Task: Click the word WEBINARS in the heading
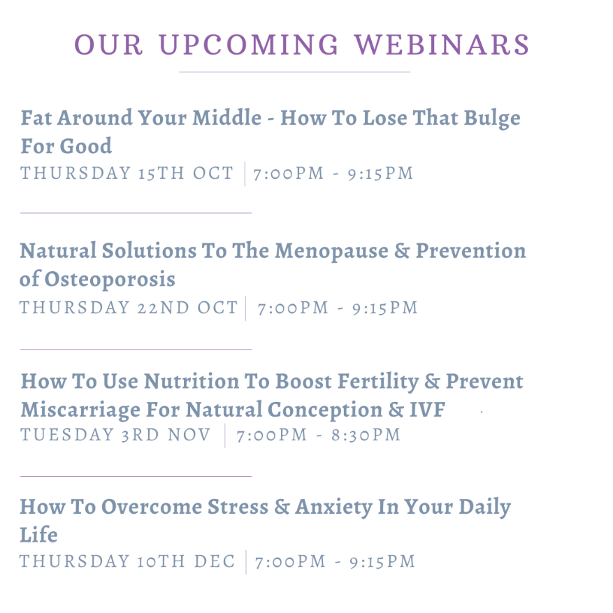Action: point(442,44)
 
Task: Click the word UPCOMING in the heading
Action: point(249,44)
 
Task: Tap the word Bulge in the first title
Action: point(492,119)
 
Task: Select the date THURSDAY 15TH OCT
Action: point(127,173)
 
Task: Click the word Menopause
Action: point(331,252)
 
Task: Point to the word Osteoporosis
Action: point(110,279)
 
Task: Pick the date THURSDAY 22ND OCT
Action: point(129,308)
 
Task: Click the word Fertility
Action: point(378,382)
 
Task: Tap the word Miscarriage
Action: point(80,410)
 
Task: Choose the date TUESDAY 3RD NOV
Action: point(115,435)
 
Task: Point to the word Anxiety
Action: point(334,507)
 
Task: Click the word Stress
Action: point(238,507)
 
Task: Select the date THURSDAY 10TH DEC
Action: point(127,561)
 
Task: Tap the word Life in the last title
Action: point(38,535)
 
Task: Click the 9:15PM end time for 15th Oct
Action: point(380,173)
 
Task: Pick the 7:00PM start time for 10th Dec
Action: point(290,562)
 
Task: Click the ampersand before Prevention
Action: point(402,251)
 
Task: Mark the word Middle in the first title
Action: point(226,117)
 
